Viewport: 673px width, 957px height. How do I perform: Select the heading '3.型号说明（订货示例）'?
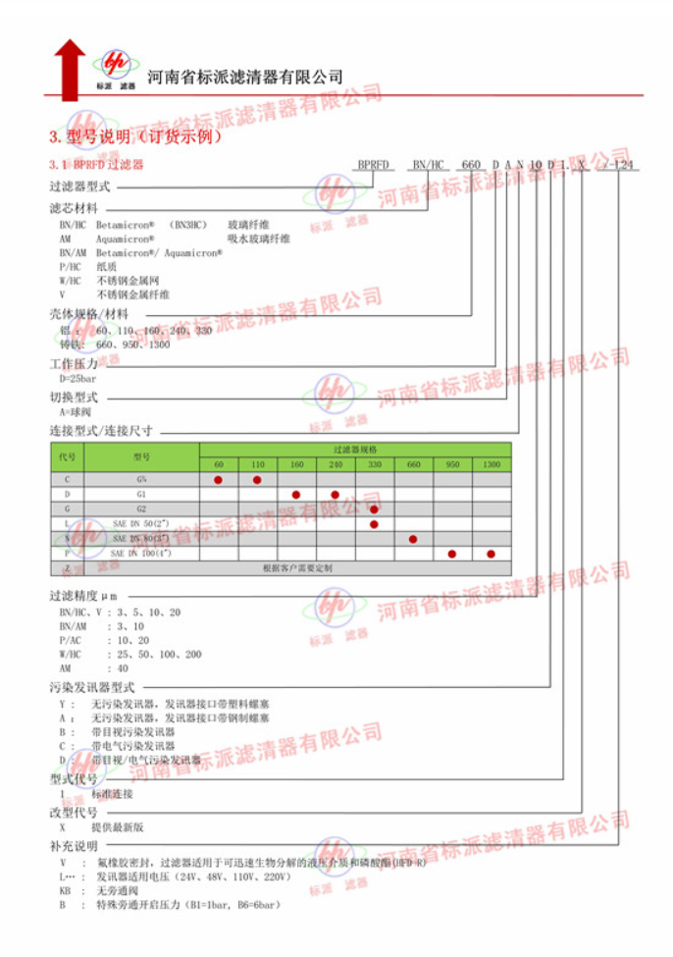tap(130, 136)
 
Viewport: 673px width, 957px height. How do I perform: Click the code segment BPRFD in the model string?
tap(374, 164)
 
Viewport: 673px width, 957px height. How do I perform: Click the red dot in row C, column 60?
tap(219, 479)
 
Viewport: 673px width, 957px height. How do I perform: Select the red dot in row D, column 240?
tap(336, 494)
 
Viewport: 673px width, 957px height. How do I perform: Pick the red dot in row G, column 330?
tap(375, 508)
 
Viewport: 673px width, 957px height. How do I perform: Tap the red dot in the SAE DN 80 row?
tap(413, 539)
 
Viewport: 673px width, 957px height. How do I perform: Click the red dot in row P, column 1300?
tap(491, 554)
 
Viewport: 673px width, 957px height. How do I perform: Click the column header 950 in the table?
tap(452, 463)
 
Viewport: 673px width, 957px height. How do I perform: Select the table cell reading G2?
tap(141, 508)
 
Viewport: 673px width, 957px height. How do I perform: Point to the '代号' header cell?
tap(67, 456)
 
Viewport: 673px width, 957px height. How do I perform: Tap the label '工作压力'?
tap(75, 364)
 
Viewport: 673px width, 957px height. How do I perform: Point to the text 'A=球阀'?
tap(75, 412)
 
